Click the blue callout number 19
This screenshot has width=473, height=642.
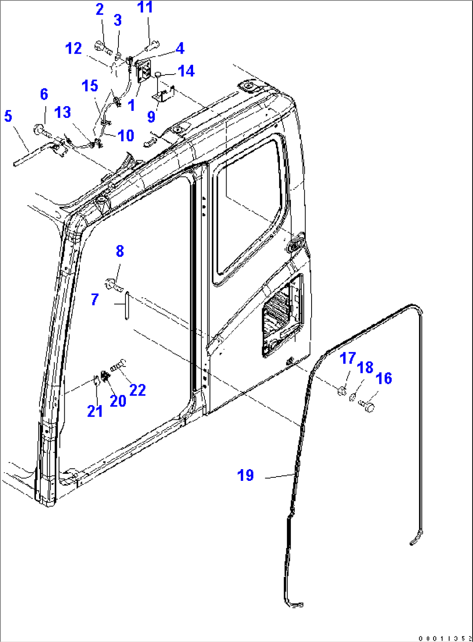coord(246,475)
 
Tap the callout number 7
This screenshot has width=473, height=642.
coord(95,299)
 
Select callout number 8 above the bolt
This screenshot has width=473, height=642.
coord(120,251)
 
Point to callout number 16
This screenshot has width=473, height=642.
coord(384,378)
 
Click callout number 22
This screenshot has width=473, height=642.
coord(138,390)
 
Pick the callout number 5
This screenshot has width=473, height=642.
coord(8,116)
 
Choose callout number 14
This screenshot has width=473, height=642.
coord(186,71)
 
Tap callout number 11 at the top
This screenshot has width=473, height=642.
coord(145,7)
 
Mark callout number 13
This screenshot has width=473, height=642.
coord(62,112)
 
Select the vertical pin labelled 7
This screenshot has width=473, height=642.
coord(127,305)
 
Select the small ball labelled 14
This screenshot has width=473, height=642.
coord(158,75)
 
